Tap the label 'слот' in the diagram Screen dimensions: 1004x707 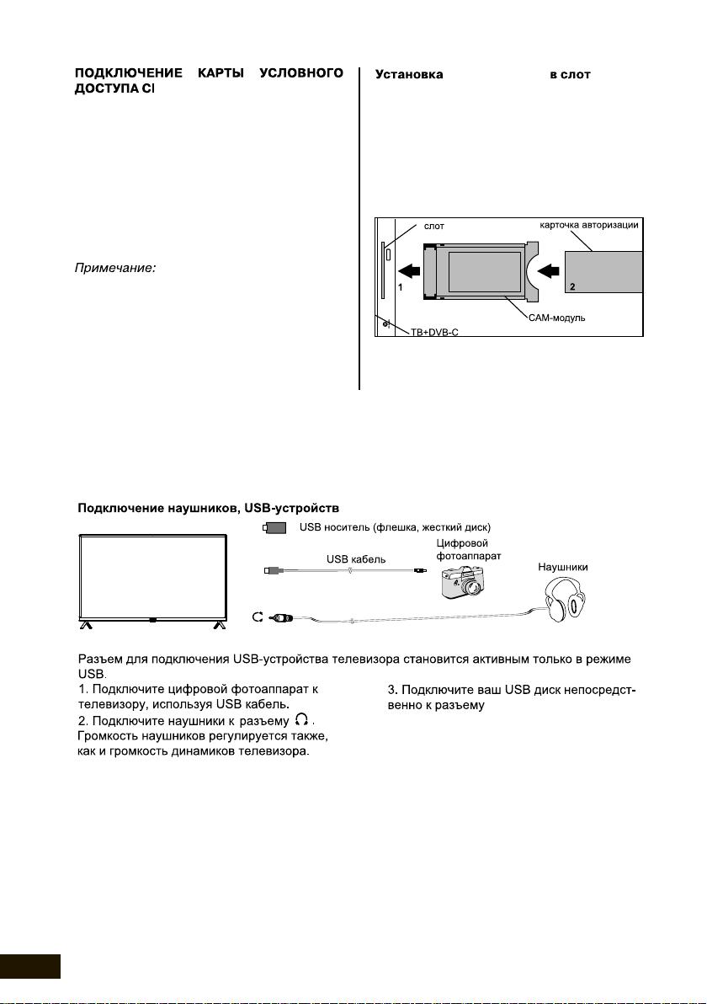(433, 227)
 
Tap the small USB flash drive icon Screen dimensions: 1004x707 (274, 528)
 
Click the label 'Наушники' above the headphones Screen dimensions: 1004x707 (562, 568)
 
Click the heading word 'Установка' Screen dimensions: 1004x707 (409, 75)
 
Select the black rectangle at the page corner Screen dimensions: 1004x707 (30, 966)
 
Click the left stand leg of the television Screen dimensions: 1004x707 (86, 625)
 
